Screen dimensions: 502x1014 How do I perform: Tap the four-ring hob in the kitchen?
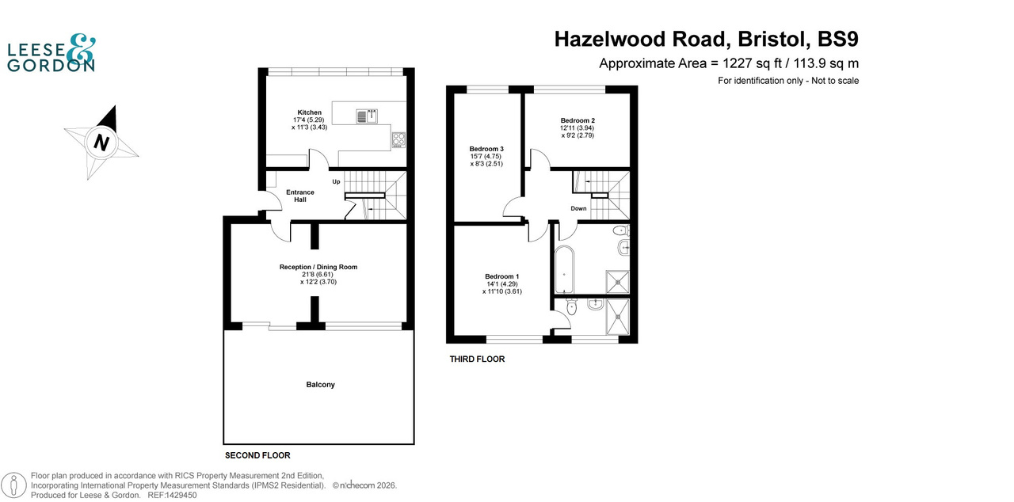pyautogui.click(x=398, y=140)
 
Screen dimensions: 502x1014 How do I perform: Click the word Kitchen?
pyautogui.click(x=310, y=112)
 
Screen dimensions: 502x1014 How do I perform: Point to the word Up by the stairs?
pyautogui.click(x=336, y=182)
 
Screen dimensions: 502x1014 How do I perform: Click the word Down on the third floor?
pyautogui.click(x=578, y=209)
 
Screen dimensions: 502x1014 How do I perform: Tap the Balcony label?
pyautogui.click(x=320, y=385)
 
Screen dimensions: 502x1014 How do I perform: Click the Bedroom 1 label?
pyautogui.click(x=502, y=276)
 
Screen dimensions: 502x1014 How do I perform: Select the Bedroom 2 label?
pyautogui.click(x=578, y=120)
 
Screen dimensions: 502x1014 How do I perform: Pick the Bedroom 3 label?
pyautogui.click(x=486, y=149)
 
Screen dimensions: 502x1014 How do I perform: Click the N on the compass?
pyautogui.click(x=101, y=143)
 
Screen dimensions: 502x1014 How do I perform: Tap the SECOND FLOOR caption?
pyautogui.click(x=257, y=455)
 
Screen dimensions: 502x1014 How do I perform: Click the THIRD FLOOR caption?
pyautogui.click(x=477, y=359)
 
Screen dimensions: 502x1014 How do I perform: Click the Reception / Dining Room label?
pyautogui.click(x=318, y=267)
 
